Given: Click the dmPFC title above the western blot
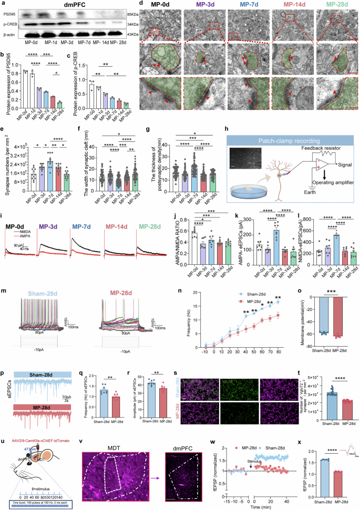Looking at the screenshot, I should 64,5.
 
